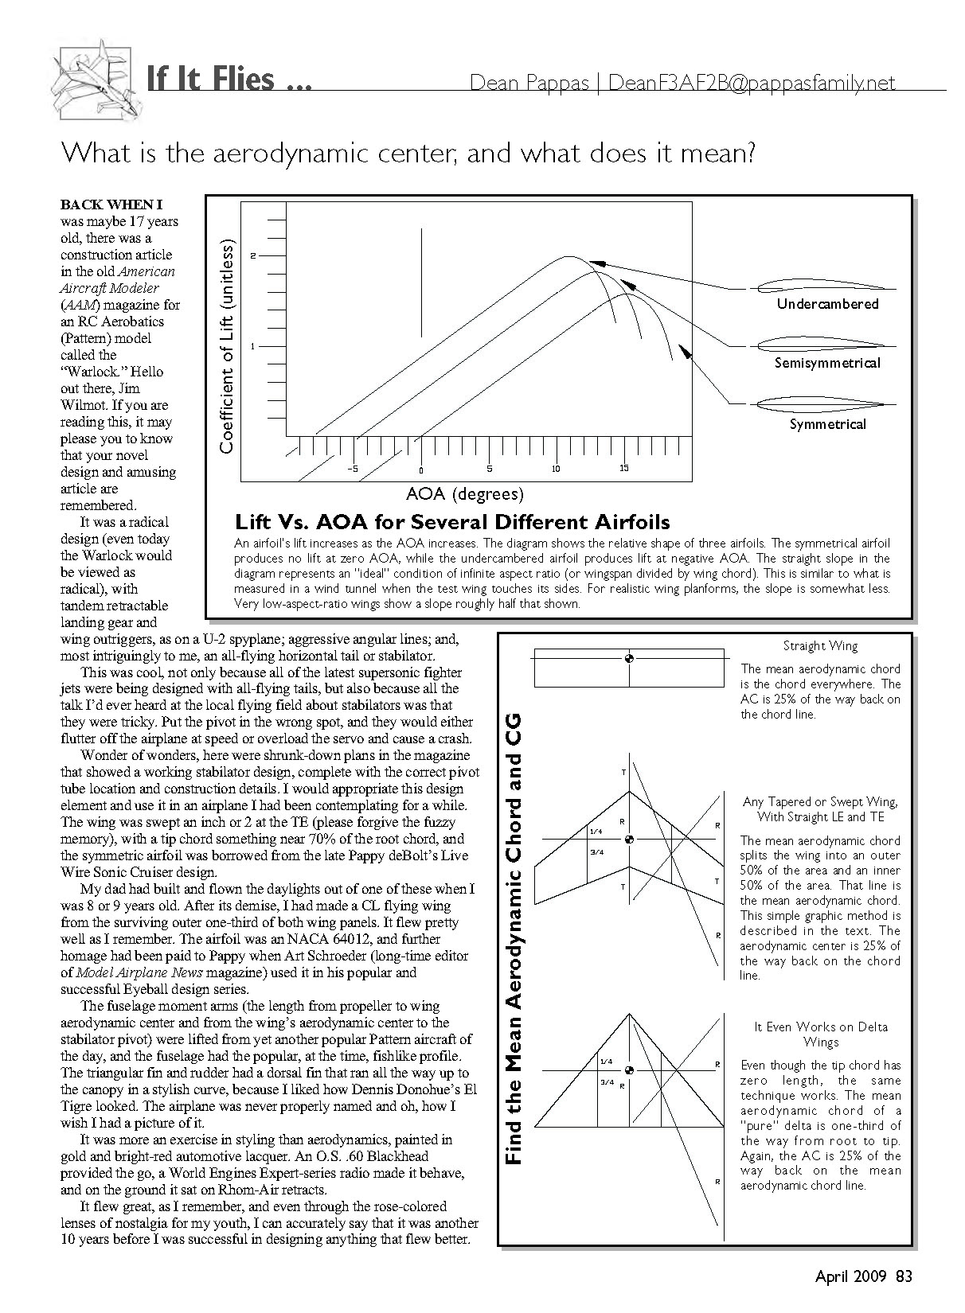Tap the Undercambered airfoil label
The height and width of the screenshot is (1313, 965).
[x=827, y=304]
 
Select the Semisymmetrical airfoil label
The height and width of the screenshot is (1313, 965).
[x=827, y=364]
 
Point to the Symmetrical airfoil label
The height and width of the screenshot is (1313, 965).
[x=827, y=425]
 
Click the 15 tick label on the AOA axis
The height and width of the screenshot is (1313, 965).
[x=624, y=468]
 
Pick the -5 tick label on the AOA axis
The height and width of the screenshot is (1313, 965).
[x=353, y=469]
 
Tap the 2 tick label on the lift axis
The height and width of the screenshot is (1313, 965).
[x=253, y=255]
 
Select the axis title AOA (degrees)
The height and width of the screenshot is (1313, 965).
[x=465, y=494]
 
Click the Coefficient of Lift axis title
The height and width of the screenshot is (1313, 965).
[x=227, y=346]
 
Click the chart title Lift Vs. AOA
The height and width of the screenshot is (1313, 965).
[x=452, y=523]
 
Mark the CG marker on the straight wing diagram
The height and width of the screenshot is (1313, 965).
[x=629, y=658]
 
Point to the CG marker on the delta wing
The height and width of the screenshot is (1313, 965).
[x=629, y=1070]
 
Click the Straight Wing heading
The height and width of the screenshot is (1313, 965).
[x=820, y=646]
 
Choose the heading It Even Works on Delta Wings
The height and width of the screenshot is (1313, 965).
[x=820, y=1034]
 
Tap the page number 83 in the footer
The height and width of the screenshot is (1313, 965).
[x=904, y=1277]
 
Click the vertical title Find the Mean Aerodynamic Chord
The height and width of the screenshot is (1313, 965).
[x=514, y=939]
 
